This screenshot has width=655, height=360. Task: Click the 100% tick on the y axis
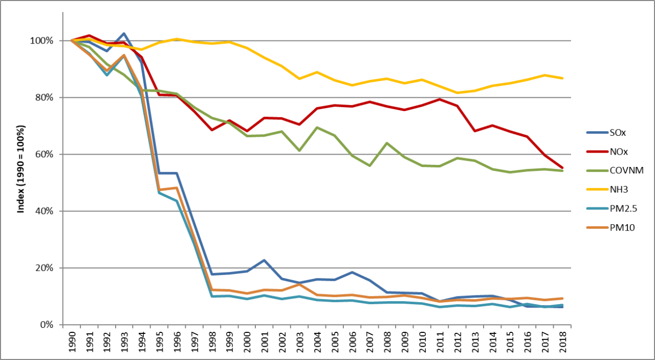pyautogui.click(x=41, y=40)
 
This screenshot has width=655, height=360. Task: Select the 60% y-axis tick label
pyautogui.click(x=44, y=154)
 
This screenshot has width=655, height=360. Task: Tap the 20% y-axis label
pyautogui.click(x=44, y=268)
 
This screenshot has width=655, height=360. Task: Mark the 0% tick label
pyautogui.click(x=47, y=325)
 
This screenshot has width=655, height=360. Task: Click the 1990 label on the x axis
pyautogui.click(x=72, y=343)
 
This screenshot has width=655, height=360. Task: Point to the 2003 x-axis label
pyautogui.click(x=300, y=343)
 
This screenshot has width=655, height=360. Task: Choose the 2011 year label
pyautogui.click(x=440, y=343)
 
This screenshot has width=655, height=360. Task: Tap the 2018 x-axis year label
pyautogui.click(x=562, y=343)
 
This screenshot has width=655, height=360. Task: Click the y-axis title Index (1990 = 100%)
pyautogui.click(x=21, y=169)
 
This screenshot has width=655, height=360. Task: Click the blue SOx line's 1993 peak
pyautogui.click(x=124, y=34)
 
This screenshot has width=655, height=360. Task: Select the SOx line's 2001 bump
pyautogui.click(x=264, y=260)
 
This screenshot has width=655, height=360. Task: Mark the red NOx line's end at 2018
pyautogui.click(x=562, y=167)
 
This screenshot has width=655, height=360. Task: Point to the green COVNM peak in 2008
pyautogui.click(x=387, y=143)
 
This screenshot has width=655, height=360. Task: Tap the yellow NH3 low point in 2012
pyautogui.click(x=457, y=93)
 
